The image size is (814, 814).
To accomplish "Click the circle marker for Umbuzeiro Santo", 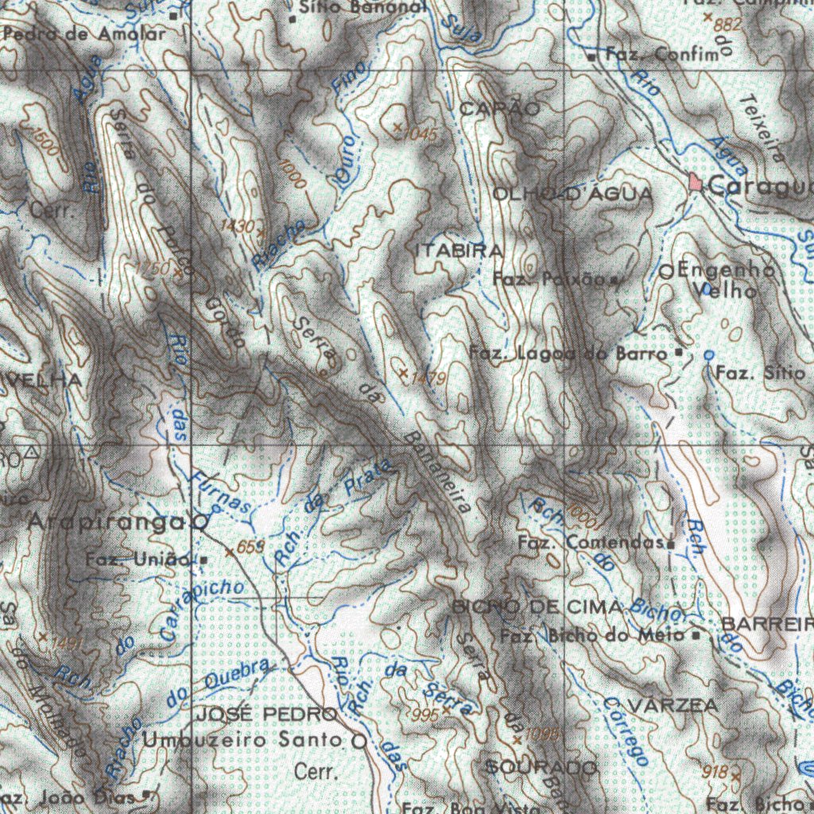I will point(359,742).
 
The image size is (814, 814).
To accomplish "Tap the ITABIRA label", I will point(459,250).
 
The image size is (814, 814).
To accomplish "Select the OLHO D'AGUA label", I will point(572,194).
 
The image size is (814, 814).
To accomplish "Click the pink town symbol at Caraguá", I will point(697,183).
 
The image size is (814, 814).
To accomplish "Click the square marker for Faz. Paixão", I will point(614,280).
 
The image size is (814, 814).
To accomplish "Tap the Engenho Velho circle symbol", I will point(668,272).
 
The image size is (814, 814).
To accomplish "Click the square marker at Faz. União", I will point(203,560).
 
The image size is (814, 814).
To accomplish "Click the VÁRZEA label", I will point(673,705).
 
